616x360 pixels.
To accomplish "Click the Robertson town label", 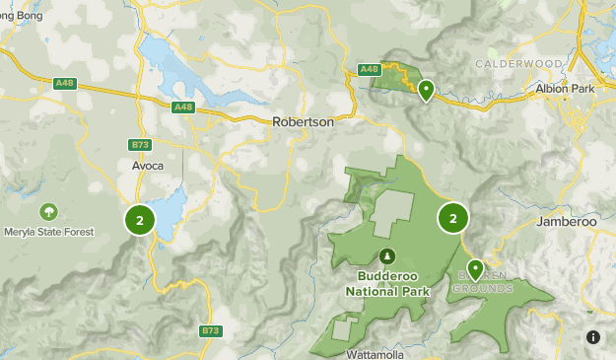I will point(303,122).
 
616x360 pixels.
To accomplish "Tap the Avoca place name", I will point(148,166).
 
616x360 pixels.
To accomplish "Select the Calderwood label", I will point(518,63).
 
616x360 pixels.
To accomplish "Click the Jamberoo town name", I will point(567,222).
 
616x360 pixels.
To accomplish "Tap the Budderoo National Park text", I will point(385,284).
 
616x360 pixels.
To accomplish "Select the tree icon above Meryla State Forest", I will point(47,211).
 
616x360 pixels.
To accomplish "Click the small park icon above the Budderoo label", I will point(385,256).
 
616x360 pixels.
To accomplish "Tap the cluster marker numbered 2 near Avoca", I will point(140,220).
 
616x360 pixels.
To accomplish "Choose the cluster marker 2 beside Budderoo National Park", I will point(453,218).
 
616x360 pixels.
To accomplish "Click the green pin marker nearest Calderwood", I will point(426,91).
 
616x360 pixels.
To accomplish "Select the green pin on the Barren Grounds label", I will point(475,269).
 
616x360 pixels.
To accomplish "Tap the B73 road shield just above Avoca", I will point(140,145).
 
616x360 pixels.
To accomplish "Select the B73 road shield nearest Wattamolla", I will point(210,330).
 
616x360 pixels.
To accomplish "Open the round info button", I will point(593,337).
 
